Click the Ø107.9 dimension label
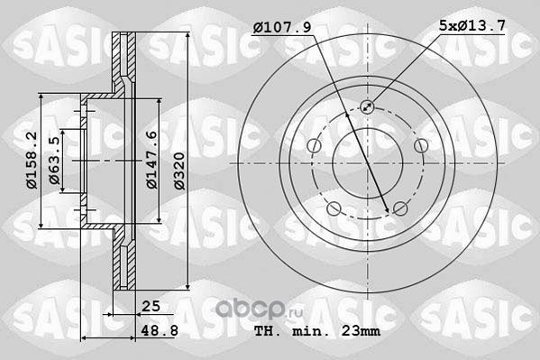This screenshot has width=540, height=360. click(282, 26)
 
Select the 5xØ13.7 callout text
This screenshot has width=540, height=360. click(472, 25)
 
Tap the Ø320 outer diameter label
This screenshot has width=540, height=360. click(179, 171)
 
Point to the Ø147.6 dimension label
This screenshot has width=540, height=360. click(151, 160)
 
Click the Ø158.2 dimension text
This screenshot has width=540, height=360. click(32, 160)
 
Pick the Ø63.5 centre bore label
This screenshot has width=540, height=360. click(54, 161)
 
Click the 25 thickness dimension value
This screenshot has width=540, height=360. click(151, 306)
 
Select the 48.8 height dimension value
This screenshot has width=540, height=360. click(160, 330)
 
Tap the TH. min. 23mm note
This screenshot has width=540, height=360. click(317, 331)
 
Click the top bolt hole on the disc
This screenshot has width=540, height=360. click(367, 106)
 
